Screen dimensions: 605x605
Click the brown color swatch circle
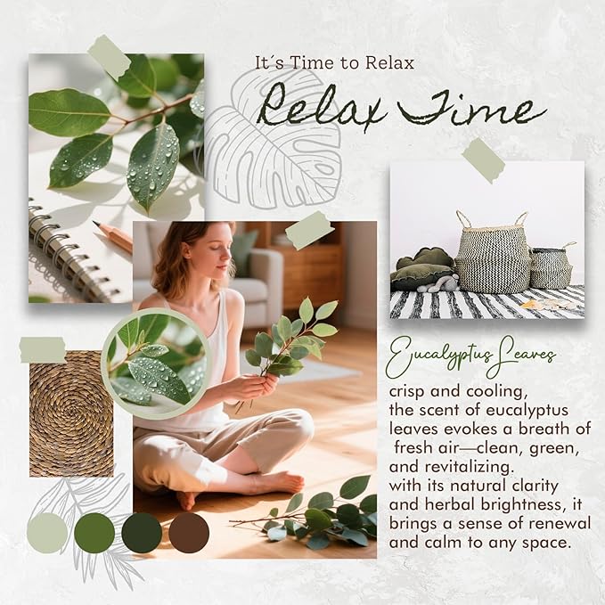[x=189, y=533]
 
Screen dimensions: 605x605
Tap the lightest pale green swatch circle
[x=47, y=533]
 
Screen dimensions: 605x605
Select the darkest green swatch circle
[x=142, y=533]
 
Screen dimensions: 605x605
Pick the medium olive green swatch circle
[x=94, y=533]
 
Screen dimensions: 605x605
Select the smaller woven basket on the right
[x=552, y=266]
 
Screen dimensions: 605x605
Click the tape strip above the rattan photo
[x=44, y=349]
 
